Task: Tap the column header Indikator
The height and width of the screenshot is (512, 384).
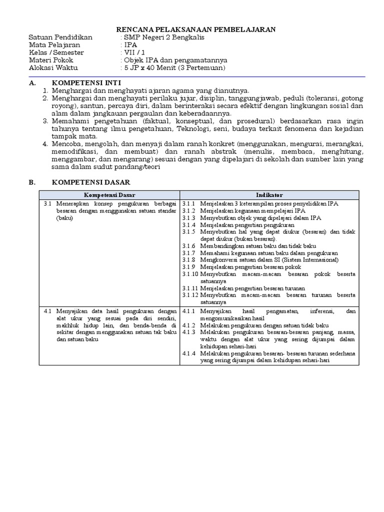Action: click(269, 194)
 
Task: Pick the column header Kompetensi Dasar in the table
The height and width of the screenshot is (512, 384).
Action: click(109, 194)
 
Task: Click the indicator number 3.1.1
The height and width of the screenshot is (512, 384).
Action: click(188, 204)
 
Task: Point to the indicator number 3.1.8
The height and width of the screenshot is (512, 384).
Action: click(188, 260)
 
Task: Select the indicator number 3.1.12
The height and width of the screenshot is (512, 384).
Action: click(190, 295)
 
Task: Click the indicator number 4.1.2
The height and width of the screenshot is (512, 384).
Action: click(188, 325)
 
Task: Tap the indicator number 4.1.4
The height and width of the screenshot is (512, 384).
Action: click(188, 353)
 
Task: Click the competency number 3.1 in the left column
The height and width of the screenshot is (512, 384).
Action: click(48, 204)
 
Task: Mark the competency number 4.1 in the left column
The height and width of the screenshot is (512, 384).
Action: click(48, 311)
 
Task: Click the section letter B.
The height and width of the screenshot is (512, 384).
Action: click(31, 182)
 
